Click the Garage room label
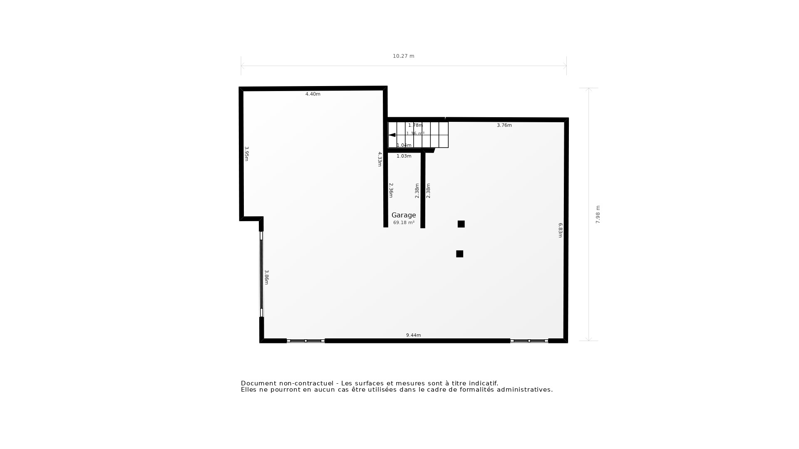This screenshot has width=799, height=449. (404, 215)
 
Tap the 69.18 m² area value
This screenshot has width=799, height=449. (404, 223)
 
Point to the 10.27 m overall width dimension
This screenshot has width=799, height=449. (403, 56)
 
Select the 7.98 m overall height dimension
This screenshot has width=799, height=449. (598, 215)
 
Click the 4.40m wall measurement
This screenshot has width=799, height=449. (313, 94)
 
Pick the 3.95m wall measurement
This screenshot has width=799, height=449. (246, 154)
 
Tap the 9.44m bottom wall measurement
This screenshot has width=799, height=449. (413, 335)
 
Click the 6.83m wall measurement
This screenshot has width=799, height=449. (560, 230)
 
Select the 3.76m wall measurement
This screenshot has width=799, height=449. (504, 125)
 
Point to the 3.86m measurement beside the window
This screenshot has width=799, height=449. (266, 277)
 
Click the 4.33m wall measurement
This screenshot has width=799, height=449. (380, 159)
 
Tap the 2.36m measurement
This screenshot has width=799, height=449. (391, 190)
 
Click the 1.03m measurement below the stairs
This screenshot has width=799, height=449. (404, 156)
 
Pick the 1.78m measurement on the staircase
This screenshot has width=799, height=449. (415, 125)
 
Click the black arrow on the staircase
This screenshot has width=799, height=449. (392, 135)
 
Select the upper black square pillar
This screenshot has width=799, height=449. (461, 224)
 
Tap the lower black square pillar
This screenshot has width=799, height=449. (459, 254)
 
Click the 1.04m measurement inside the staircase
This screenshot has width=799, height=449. (404, 145)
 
